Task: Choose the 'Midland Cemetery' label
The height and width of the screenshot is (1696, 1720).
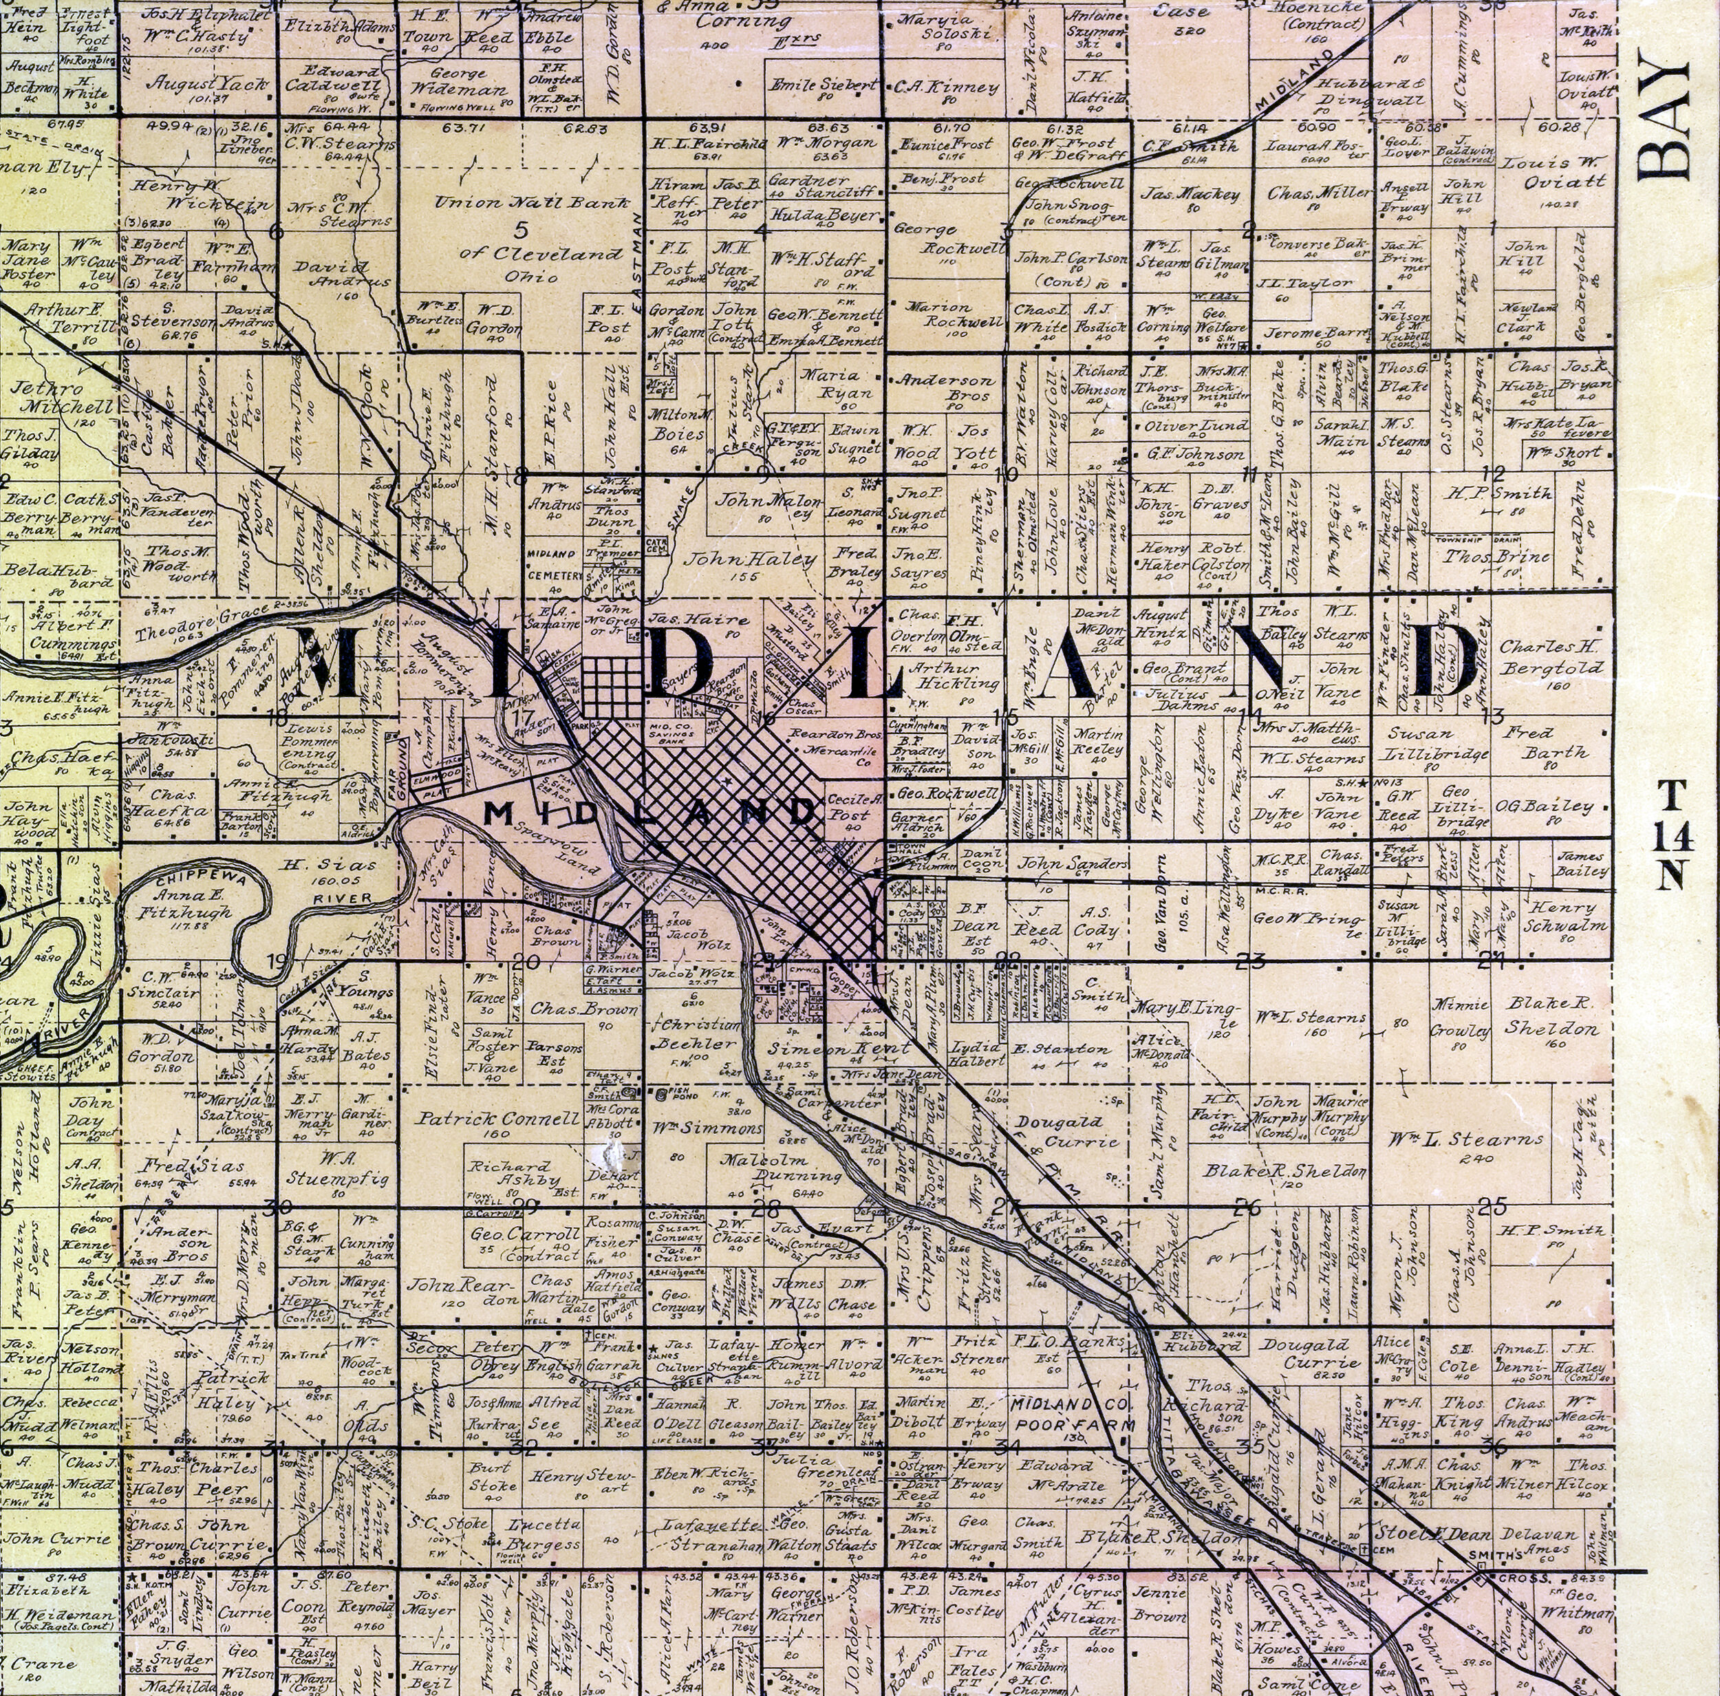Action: click(x=555, y=563)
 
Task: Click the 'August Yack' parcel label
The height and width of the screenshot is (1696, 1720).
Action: click(x=208, y=84)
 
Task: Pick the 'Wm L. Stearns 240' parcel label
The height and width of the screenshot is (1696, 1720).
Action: click(x=1465, y=1141)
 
